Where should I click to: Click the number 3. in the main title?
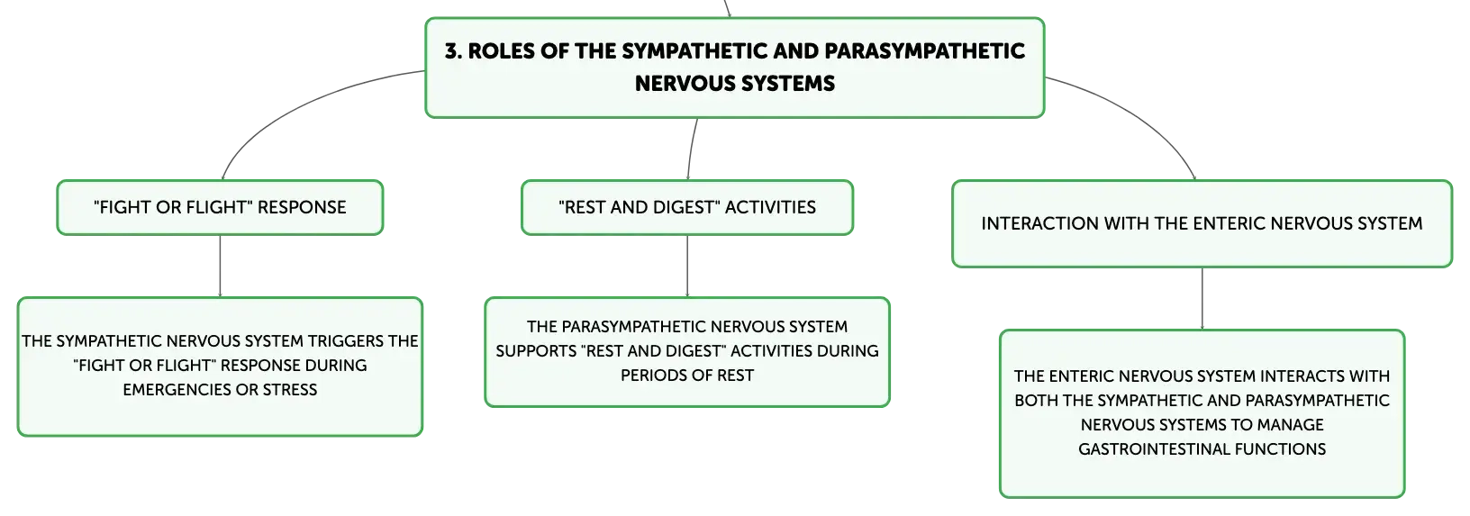coord(453,51)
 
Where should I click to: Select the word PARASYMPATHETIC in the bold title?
coord(924,51)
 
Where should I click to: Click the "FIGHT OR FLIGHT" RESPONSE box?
coord(220,207)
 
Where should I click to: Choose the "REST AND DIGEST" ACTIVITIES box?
coord(687,207)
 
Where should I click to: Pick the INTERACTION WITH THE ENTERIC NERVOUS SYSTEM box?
coord(1202,224)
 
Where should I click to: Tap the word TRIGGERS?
coord(346,341)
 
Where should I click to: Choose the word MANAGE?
coord(1290,425)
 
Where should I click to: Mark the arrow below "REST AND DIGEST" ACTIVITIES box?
coord(687,266)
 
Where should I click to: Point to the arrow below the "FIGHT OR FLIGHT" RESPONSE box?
coord(220,266)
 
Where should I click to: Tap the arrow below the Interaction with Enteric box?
coord(1202,299)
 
